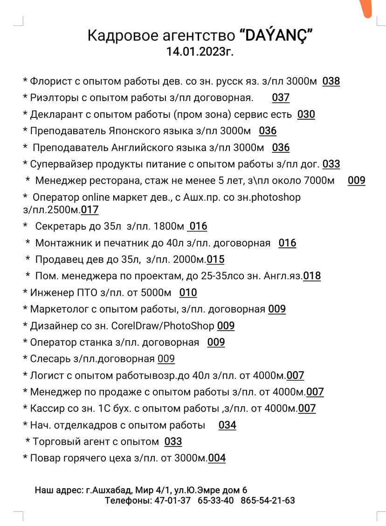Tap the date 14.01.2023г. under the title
pos(200,51)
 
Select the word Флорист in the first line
pos(51,82)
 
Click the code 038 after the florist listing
pos(331,82)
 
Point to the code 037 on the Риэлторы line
pos(281,98)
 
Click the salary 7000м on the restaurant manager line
pos(318,181)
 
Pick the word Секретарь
pos(60,226)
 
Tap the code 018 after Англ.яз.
pos(312,276)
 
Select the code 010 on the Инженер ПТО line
pos(188,293)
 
